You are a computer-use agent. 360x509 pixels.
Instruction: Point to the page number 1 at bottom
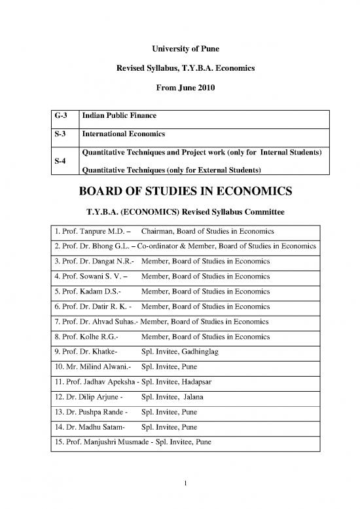pos(179,484)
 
